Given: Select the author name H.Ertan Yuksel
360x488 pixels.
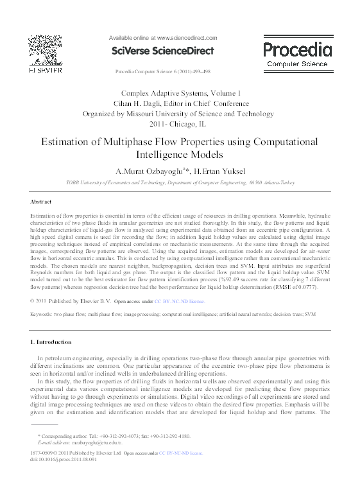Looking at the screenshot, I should pos(218,171).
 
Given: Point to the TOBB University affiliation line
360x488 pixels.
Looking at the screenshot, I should pos(180,183).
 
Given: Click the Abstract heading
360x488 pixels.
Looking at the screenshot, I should pos(41,202).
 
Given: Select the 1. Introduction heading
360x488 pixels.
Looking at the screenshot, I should pos(51,342).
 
